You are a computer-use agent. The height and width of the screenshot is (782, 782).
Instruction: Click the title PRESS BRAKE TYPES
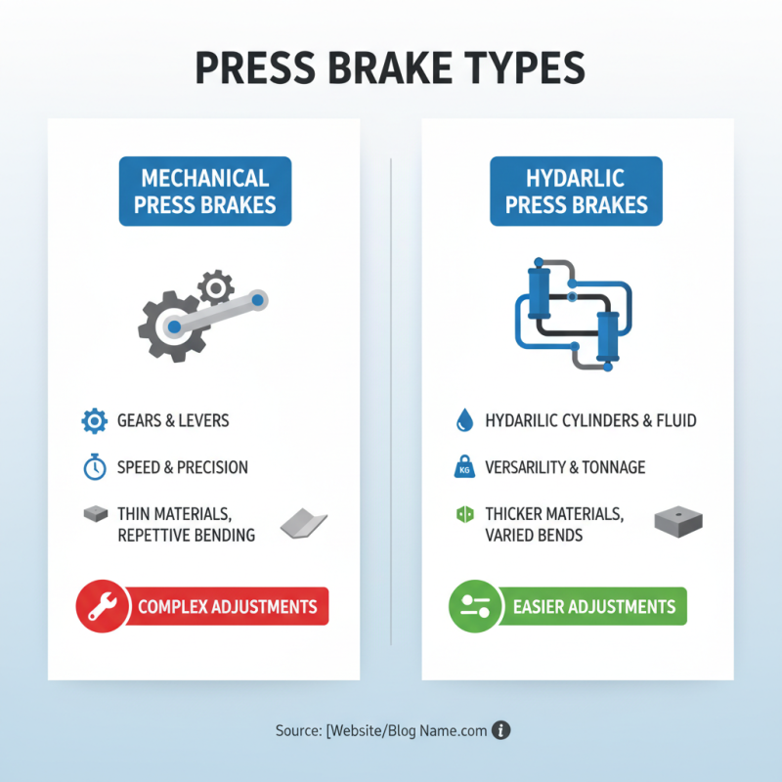click(x=391, y=67)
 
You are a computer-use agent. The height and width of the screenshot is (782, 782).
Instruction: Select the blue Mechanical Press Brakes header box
click(x=204, y=191)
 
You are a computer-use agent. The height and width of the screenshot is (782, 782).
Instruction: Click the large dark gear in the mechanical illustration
click(x=169, y=326)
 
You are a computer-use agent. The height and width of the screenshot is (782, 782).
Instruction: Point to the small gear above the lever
click(x=215, y=287)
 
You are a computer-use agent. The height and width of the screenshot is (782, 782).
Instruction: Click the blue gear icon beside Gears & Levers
click(x=94, y=421)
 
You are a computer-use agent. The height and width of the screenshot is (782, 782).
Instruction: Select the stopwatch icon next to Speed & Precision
click(x=94, y=467)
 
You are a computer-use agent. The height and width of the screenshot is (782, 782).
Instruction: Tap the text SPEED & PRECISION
click(x=183, y=467)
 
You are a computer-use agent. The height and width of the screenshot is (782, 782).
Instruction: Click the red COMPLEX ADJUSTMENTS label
click(x=228, y=606)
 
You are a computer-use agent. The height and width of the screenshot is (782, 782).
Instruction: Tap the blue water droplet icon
click(x=464, y=421)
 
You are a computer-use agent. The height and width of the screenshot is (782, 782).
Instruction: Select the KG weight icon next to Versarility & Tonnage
click(x=464, y=468)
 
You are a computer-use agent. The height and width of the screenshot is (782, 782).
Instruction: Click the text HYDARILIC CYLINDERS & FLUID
click(x=590, y=421)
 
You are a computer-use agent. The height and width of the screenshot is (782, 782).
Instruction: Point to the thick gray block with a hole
click(x=677, y=522)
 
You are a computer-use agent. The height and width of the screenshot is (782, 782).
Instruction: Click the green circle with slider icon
click(x=474, y=606)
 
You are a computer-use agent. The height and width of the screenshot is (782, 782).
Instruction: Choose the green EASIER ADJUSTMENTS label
click(x=593, y=606)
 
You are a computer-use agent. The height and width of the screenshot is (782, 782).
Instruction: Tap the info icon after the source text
click(x=501, y=730)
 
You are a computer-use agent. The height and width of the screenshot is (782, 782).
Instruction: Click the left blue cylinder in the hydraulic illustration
click(x=535, y=288)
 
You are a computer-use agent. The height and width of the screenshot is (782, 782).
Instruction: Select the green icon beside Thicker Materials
click(x=464, y=514)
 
